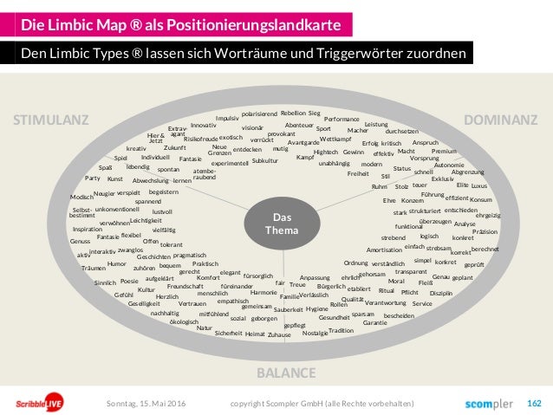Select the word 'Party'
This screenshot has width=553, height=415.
[x=93, y=178]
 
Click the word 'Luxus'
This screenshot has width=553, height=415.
[x=479, y=185]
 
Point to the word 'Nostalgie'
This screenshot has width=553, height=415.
[x=316, y=334]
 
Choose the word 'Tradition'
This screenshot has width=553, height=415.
[x=342, y=330]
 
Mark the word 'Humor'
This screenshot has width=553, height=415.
[x=117, y=263]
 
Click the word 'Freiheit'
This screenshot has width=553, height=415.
[x=358, y=173]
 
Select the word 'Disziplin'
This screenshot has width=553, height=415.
[x=440, y=293]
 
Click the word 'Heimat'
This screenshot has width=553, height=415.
[x=255, y=334]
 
